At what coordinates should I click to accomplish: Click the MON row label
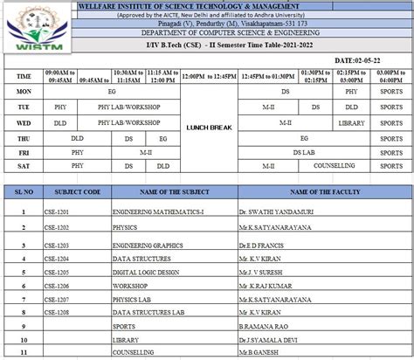click(24, 90)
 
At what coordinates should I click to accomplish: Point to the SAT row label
click(24, 163)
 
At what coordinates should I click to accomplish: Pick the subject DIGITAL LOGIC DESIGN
click(143, 273)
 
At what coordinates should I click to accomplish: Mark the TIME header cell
click(24, 76)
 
